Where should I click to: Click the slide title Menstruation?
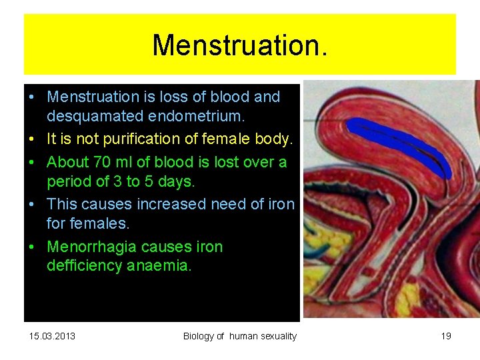coord(239,45)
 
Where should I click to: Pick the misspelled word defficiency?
coord(84,266)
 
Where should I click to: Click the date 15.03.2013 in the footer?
coord(52,336)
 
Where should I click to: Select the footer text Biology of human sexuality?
coord(239,336)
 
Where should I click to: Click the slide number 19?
coord(446,336)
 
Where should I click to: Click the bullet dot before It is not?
coord(32,139)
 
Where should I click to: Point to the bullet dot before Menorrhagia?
coord(32,247)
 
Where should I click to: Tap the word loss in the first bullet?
coord(174,97)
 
